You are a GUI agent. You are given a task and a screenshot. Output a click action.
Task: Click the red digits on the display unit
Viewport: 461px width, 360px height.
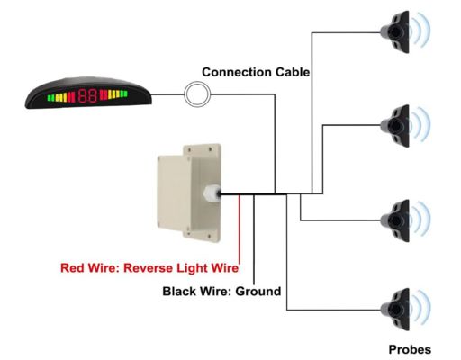pos(87,94)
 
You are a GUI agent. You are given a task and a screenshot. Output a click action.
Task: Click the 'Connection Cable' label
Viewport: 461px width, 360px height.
pos(257,72)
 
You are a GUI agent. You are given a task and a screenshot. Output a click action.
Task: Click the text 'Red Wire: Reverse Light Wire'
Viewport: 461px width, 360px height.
pos(149,267)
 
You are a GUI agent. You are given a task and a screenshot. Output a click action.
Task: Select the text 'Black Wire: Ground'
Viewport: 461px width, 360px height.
pos(221,291)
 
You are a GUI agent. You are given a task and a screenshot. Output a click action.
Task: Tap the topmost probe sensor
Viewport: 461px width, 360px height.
pos(399,31)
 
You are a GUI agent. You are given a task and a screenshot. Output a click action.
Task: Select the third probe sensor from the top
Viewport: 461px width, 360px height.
pos(399,219)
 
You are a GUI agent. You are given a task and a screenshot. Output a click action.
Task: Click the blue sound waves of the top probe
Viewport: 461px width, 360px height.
pos(425,31)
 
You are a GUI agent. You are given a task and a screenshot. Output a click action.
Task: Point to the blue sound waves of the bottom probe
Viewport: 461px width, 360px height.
pos(425,306)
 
